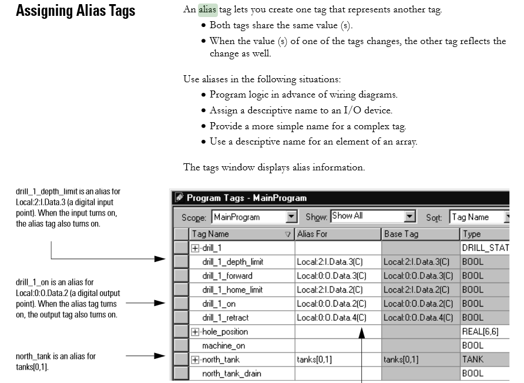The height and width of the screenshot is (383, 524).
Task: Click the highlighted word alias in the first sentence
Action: point(207,9)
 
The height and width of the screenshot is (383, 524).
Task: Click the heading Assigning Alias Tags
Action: point(76,11)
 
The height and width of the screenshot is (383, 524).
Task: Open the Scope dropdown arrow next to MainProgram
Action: point(291,217)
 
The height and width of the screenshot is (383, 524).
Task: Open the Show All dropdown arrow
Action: point(409,217)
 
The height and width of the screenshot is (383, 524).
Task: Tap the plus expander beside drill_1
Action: point(195,248)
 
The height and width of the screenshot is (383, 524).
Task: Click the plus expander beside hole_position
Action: point(195,332)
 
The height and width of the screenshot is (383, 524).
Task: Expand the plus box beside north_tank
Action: point(195,360)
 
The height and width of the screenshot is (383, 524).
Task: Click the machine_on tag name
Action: point(224,345)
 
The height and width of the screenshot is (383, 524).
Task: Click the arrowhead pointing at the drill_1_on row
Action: point(160,303)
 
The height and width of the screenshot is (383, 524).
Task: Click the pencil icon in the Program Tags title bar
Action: point(179,197)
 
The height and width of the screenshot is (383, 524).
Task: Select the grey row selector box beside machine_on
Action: point(182,345)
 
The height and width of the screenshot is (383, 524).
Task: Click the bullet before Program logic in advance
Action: point(203,95)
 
